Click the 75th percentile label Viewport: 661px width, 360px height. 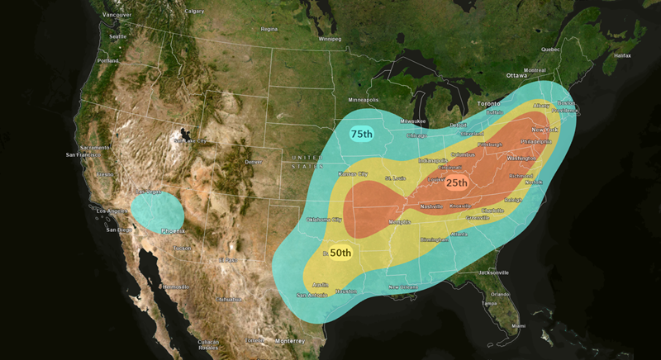pyautogui.click(x=362, y=134)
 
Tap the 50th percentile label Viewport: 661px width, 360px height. pyautogui.click(x=340, y=253)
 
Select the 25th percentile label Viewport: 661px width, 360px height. pyautogui.click(x=457, y=182)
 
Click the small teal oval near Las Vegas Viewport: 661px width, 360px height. pyautogui.click(x=156, y=211)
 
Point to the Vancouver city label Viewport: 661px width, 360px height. pyautogui.click(x=117, y=15)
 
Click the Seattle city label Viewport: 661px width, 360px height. pyautogui.click(x=118, y=36)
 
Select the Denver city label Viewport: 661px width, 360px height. pyautogui.click(x=253, y=162)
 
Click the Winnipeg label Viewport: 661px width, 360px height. pyautogui.click(x=330, y=38)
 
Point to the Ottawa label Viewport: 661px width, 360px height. pyautogui.click(x=517, y=64)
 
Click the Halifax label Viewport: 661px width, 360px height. pyautogui.click(x=623, y=55)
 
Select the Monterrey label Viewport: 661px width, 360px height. pyautogui.click(x=290, y=340)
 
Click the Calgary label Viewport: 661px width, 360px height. pyautogui.click(x=195, y=12)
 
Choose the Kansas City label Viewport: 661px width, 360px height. pyautogui.click(x=352, y=174)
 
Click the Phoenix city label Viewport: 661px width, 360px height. pyautogui.click(x=173, y=231)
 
